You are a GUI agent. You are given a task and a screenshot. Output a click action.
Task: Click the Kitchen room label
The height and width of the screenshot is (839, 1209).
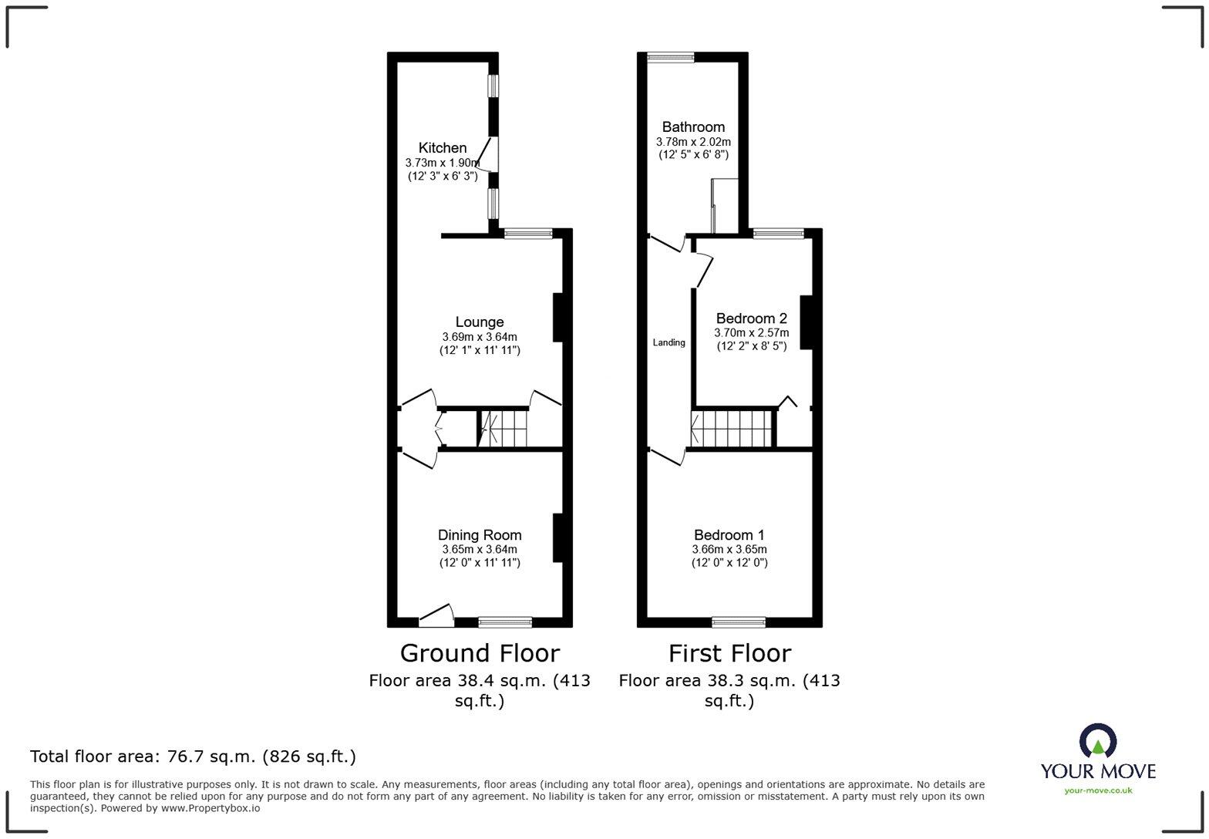tap(442, 147)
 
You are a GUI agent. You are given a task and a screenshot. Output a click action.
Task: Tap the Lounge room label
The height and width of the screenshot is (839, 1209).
tap(479, 322)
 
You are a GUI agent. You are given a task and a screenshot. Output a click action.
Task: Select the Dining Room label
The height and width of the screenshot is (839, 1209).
tap(479, 534)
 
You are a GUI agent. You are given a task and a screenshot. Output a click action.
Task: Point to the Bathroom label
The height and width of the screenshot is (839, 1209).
tap(693, 126)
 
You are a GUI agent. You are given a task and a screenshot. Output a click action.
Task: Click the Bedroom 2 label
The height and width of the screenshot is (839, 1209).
tap(751, 318)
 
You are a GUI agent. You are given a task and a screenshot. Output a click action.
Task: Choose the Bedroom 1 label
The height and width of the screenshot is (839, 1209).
tap(729, 534)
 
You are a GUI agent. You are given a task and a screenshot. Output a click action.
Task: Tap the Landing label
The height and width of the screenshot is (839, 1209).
tap(668, 342)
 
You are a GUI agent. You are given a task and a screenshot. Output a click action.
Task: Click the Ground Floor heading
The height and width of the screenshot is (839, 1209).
tap(479, 653)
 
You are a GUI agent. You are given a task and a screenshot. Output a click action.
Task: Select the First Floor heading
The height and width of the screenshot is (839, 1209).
tap(729, 653)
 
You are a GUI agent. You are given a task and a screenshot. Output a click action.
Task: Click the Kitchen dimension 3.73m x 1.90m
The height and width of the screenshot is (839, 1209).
tap(443, 163)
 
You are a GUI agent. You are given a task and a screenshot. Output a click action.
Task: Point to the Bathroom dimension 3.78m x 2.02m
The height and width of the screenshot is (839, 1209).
tap(693, 142)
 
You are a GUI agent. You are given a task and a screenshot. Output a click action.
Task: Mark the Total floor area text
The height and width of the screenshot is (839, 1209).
tap(193, 756)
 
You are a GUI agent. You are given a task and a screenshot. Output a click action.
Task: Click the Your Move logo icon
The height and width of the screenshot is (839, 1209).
tap(1098, 742)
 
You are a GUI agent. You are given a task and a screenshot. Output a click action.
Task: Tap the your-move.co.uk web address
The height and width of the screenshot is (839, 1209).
tap(1098, 790)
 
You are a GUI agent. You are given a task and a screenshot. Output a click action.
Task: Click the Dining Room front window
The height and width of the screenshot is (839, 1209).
tap(505, 622)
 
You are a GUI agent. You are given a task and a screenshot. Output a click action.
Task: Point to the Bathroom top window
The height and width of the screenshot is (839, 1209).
tap(670, 56)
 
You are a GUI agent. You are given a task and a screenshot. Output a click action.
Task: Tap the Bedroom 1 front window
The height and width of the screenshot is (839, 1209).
tap(739, 622)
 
